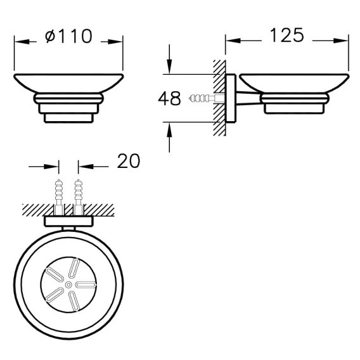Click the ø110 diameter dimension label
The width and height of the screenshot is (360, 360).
click(x=68, y=36)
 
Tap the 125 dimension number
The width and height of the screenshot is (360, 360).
click(x=286, y=35)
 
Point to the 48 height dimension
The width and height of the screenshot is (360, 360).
click(x=169, y=98)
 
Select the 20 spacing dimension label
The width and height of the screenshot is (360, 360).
click(x=128, y=161)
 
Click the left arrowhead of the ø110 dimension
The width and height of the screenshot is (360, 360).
click(x=22, y=42)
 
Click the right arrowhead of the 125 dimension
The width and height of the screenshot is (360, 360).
click(x=341, y=41)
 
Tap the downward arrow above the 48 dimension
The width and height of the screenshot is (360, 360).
click(x=169, y=59)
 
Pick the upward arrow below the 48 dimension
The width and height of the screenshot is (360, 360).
click(x=169, y=138)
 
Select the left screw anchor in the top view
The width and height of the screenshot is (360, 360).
click(x=59, y=197)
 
